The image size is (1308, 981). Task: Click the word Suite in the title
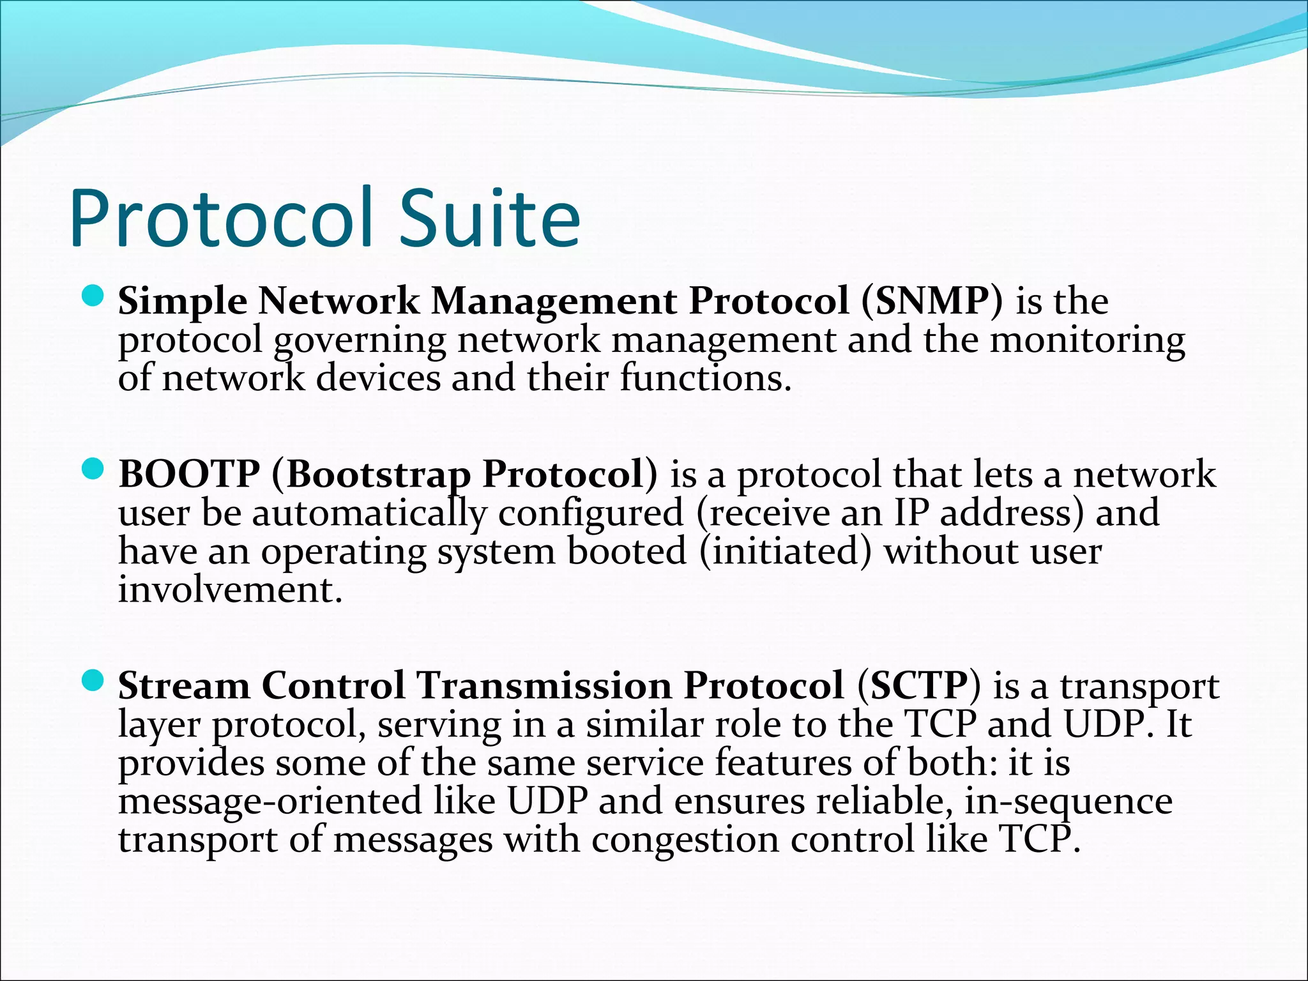pyautogui.click(x=490, y=218)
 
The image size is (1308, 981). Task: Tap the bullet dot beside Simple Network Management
pyautogui.click(x=93, y=296)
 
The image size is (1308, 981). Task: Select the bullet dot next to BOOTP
pyautogui.click(x=93, y=470)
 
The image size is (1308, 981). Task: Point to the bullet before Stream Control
pyautogui.click(x=93, y=681)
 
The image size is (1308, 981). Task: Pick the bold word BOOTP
pyautogui.click(x=189, y=474)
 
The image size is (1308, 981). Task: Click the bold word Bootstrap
pyautogui.click(x=376, y=475)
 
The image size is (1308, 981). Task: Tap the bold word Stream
pyautogui.click(x=184, y=685)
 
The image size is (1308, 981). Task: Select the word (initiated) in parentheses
pyautogui.click(x=786, y=552)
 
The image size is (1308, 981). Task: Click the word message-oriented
pyautogui.click(x=270, y=802)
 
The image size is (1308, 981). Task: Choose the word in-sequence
pyautogui.click(x=1068, y=802)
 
